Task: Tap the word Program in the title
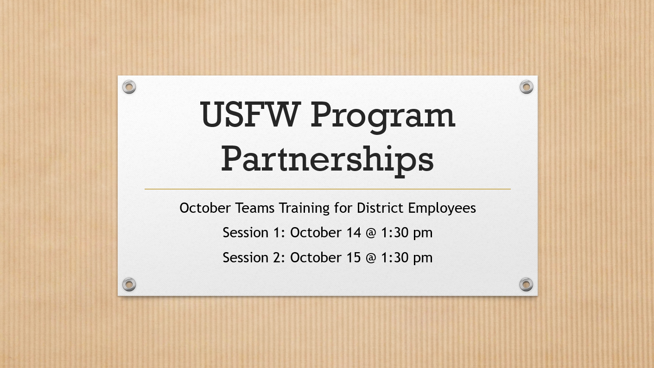pos(382,117)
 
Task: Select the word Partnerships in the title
pos(327,161)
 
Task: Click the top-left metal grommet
pos(129,87)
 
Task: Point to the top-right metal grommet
pos(527,87)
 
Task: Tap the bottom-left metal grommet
pos(129,284)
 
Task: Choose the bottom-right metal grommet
pos(526,284)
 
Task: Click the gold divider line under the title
pos(328,189)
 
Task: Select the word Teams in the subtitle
pos(255,208)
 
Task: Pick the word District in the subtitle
pos(380,208)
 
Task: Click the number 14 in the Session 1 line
pos(354,233)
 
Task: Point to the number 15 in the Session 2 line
pos(354,258)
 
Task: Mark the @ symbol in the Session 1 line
pos(371,233)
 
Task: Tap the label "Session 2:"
pos(254,258)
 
